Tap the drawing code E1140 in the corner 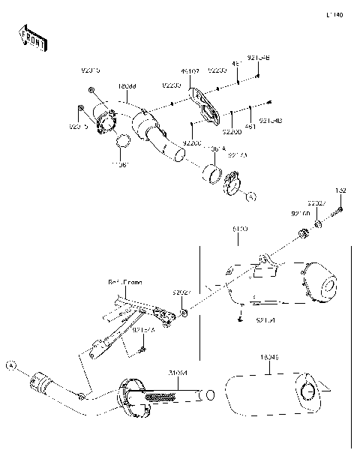[x=334, y=14]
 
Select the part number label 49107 [x=190, y=72]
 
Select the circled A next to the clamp [x=252, y=196]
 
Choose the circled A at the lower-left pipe [x=10, y=365]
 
